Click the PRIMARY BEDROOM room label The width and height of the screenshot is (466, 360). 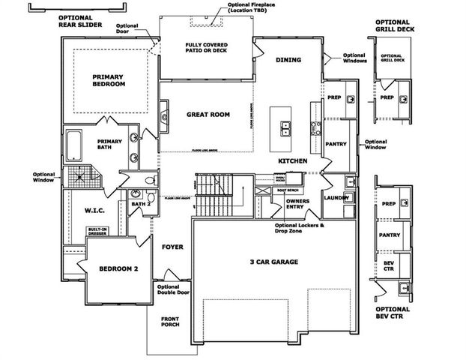click(x=109, y=80)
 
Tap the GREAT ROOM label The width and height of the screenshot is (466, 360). click(x=208, y=115)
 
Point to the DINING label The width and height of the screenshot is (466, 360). click(x=288, y=60)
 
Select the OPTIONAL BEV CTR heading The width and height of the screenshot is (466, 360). click(x=393, y=313)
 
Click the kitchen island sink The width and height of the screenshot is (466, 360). click(x=286, y=129)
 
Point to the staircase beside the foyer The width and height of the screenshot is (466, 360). click(x=217, y=193)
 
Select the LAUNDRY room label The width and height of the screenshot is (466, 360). click(x=334, y=197)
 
